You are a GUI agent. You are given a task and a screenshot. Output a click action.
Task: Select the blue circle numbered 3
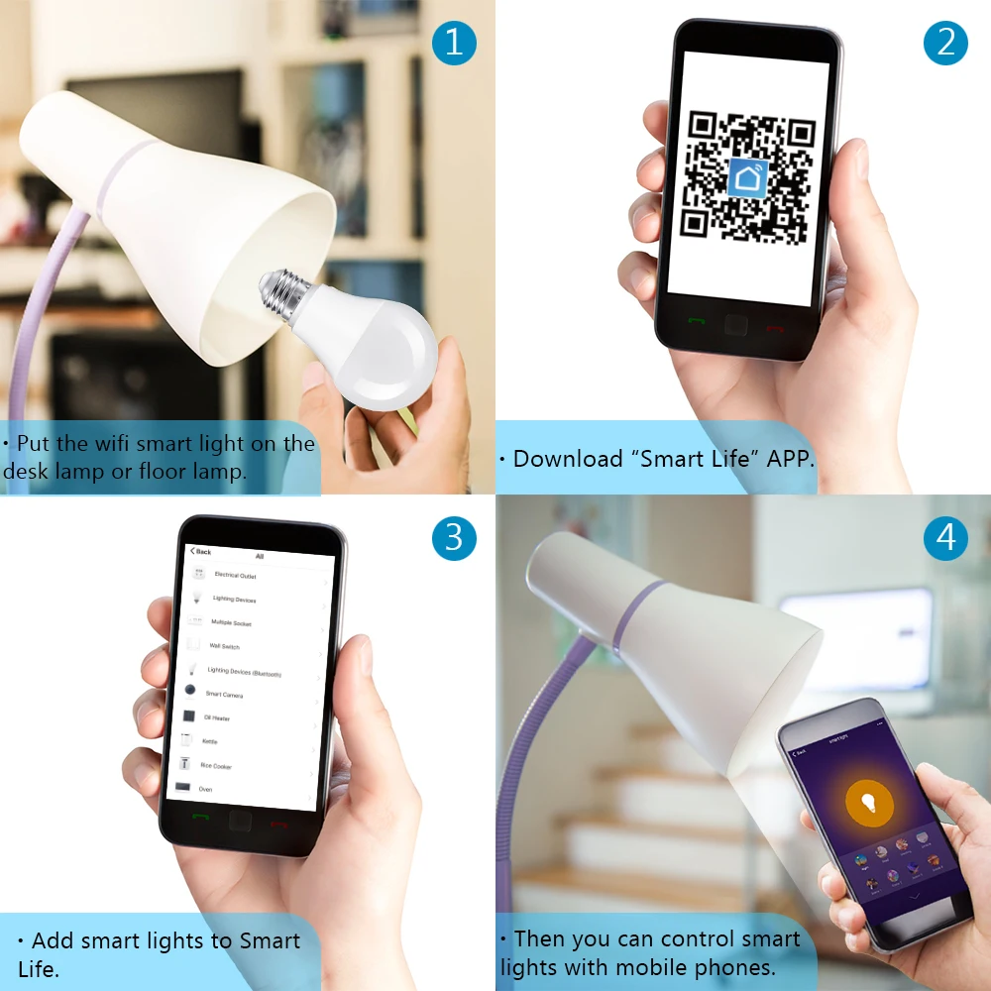(454, 537)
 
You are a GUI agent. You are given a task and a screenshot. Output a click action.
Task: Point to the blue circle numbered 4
(945, 537)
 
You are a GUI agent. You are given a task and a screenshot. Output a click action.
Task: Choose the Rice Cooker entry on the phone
(216, 766)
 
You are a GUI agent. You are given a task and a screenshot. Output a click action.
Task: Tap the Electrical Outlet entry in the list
(235, 575)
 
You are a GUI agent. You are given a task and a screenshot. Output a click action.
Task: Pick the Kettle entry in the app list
(209, 741)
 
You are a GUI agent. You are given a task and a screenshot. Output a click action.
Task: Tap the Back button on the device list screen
(201, 551)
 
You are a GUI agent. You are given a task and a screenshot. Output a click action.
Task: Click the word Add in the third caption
(53, 940)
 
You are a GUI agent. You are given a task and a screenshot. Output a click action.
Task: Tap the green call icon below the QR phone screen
(697, 323)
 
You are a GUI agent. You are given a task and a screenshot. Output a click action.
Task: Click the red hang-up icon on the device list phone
(278, 823)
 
